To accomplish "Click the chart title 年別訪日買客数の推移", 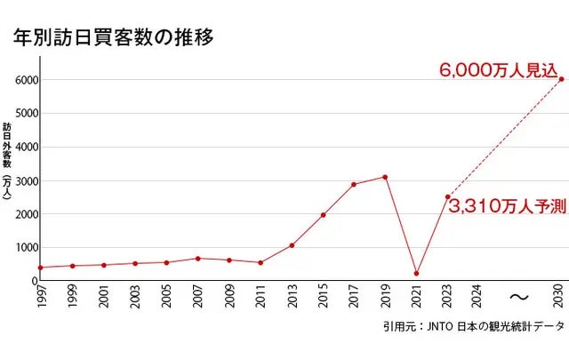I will [x=112, y=38].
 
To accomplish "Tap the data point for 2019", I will [x=385, y=177].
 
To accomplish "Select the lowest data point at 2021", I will [x=416, y=273].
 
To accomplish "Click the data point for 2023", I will [x=447, y=196].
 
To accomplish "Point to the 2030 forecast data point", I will [x=561, y=79].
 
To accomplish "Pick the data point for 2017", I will [x=354, y=184].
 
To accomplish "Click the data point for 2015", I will [x=323, y=215].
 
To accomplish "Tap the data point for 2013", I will [x=292, y=245].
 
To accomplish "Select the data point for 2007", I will [x=197, y=259].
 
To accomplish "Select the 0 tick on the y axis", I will [x=32, y=281].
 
